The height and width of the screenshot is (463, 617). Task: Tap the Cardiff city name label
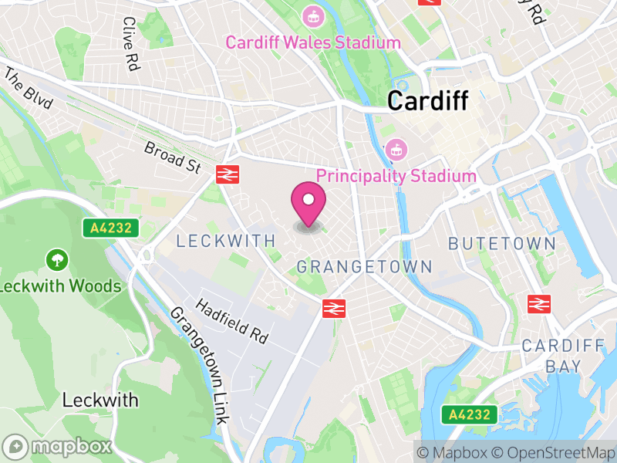point(427,100)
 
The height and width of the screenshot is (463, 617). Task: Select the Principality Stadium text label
point(396,176)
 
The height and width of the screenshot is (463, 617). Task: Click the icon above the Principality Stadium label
point(396,147)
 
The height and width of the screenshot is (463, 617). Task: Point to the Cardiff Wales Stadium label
point(313,42)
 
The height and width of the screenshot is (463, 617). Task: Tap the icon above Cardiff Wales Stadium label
point(313,15)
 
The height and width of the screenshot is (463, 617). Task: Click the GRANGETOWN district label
point(365,267)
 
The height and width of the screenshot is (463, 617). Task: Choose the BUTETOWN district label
point(502,244)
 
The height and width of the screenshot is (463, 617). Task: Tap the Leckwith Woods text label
point(61,286)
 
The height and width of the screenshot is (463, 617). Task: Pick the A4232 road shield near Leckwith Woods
point(111,228)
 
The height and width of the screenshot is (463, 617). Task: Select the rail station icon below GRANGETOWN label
point(333,308)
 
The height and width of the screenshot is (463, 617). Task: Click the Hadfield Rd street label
point(231,321)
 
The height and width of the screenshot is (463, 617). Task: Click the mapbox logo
point(59,446)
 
